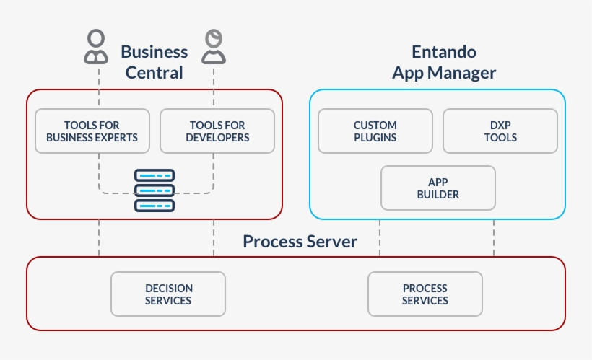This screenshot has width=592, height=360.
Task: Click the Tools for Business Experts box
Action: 92,131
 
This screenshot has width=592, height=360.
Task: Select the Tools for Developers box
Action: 217,131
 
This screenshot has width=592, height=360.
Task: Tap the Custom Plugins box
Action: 375,131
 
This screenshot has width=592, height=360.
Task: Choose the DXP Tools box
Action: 500,131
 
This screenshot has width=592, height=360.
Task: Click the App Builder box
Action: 438,188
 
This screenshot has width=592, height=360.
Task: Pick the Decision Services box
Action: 167,294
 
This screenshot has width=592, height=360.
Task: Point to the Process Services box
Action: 425,294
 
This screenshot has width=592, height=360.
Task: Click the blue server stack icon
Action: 154,190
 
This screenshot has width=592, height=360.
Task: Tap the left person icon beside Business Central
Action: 96,47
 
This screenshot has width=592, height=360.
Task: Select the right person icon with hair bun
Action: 213,47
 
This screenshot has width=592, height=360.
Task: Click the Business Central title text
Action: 154,62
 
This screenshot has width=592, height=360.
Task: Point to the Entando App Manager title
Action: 443,62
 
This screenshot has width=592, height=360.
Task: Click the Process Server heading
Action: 300,241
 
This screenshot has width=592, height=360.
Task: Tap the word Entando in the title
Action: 443,52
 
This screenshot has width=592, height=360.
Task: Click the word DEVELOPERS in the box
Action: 217,137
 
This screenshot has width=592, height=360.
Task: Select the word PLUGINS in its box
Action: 375,137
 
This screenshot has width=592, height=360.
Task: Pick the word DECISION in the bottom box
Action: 167,288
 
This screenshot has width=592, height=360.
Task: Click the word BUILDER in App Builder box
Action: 438,194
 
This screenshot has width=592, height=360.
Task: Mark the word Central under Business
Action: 154,73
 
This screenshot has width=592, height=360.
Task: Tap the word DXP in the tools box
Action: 500,125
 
